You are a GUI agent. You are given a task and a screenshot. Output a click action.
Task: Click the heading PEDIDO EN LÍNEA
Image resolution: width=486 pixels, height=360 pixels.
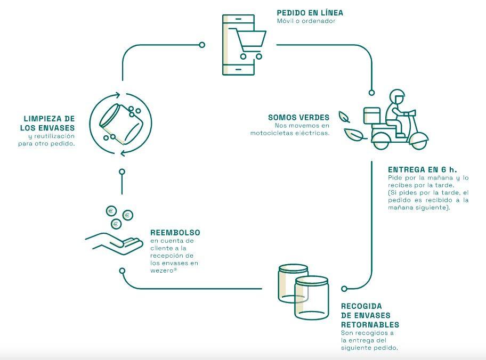(x=309, y=13)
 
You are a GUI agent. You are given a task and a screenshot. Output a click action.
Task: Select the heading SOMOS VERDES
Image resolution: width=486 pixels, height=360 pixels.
(x=298, y=117)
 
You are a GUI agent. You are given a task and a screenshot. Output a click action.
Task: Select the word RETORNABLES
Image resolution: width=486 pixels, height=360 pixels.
(x=370, y=324)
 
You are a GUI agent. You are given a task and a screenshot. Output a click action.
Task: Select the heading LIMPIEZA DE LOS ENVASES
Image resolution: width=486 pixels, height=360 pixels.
(x=48, y=123)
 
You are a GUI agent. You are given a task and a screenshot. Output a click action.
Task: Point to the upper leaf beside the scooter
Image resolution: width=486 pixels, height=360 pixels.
(x=345, y=116)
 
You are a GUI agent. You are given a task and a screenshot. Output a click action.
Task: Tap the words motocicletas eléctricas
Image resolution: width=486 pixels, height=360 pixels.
(x=290, y=133)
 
